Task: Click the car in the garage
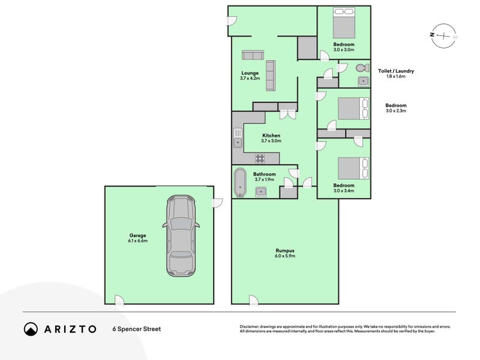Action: pos(181,236)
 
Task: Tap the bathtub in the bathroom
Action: pos(240,182)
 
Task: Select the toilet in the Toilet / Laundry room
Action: pos(363,67)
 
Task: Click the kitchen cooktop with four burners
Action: pos(260,158)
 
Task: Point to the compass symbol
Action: pos(443,36)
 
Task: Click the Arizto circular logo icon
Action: pos(31,329)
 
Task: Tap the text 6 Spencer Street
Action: pos(137,329)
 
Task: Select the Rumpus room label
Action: pos(284,250)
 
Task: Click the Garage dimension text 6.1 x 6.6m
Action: pos(138,241)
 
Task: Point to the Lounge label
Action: pos(250,73)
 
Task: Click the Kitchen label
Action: pos(271,136)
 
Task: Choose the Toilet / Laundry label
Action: pos(396,71)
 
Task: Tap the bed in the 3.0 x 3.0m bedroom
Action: pos(344,23)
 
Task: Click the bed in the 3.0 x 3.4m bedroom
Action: pos(353,168)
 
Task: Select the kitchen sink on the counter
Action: pos(238,138)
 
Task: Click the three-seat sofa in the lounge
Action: pos(271,76)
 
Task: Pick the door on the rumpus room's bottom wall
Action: pos(253,300)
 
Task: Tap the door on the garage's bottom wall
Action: pos(119,300)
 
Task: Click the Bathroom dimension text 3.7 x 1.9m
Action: pos(264,179)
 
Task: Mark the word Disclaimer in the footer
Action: pos(249,327)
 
